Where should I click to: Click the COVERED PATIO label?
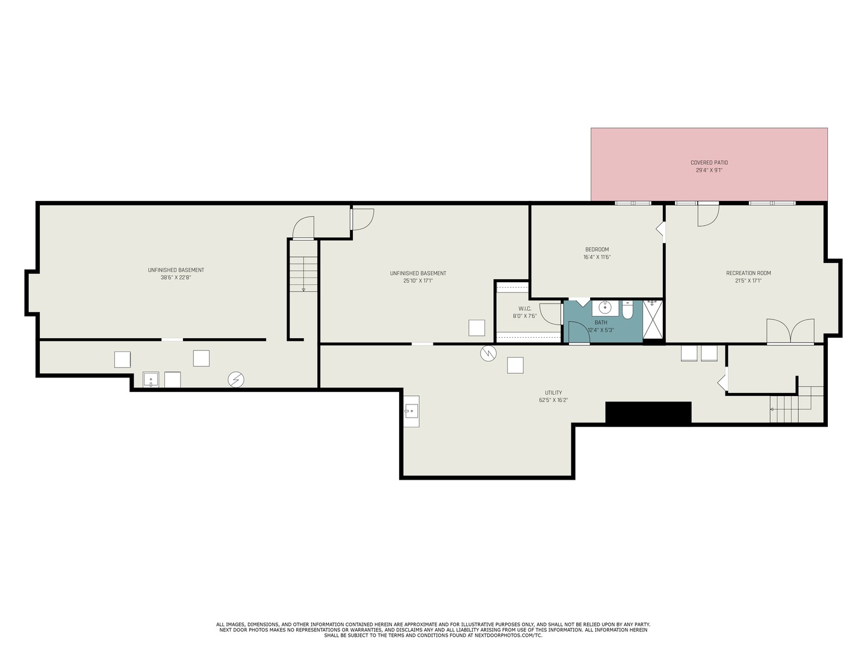coord(709,162)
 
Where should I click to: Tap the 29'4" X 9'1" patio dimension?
coord(709,170)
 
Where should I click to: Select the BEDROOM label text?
coord(597,249)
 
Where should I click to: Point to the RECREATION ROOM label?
coord(748,273)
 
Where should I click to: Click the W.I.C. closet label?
coord(524,308)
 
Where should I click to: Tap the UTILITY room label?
coord(553,393)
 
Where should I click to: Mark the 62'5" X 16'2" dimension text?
coord(553,400)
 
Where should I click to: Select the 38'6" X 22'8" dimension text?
coord(176,277)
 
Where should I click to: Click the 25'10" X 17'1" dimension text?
coord(418,280)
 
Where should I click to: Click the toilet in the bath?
coord(627,309)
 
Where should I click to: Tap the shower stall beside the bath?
coord(653,320)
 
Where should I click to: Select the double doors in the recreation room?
coord(790,332)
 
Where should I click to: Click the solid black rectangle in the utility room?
coord(648,412)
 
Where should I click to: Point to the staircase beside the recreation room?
coord(795,406)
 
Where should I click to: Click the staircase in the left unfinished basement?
coord(303,274)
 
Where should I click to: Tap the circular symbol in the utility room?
coord(488,353)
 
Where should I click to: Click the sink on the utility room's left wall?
coord(411,412)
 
